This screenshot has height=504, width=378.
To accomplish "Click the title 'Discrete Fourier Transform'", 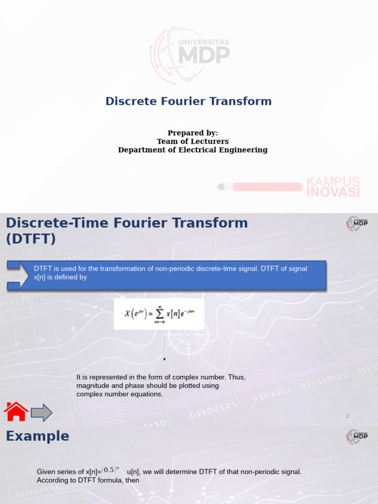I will tap(189, 101).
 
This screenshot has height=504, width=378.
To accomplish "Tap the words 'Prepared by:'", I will tap(192, 133).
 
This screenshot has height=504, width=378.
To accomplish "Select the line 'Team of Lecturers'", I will tap(192, 141).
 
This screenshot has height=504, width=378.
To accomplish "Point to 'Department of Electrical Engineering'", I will tap(192, 150).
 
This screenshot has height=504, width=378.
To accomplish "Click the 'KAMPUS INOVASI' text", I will tap(333, 187).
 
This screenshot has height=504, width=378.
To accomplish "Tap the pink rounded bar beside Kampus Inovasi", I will tap(267, 187).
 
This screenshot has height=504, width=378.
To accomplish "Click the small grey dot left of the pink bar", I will tap(221, 187).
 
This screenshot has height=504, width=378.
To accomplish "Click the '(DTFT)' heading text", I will tap(31, 239).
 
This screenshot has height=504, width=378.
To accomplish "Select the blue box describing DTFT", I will tap(177, 275).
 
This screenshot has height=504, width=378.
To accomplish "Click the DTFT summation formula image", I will tap(158, 314).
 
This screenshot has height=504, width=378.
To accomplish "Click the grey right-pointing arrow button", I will tap(41, 412).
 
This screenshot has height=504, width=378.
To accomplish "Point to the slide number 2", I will tap(347, 416).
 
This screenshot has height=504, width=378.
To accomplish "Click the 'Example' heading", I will tap(37, 436).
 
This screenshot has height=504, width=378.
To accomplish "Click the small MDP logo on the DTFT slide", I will tap(357, 224).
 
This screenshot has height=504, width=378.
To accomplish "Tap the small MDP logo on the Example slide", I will tap(357, 437).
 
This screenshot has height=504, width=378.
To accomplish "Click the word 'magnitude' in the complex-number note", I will tap(94, 386).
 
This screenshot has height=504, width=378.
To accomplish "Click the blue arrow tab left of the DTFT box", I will tap(13, 275).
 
